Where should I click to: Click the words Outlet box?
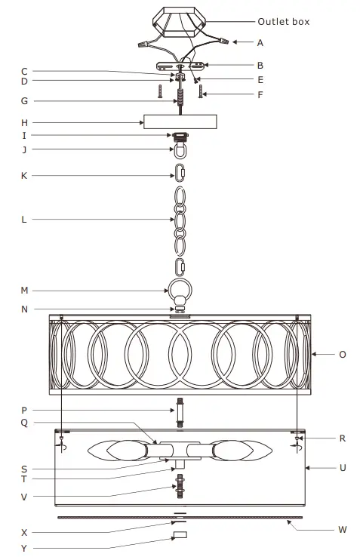[x=283, y=22]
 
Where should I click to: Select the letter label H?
[x=24, y=122]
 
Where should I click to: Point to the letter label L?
[x=24, y=220]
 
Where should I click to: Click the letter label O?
[x=343, y=353]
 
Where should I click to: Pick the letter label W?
[x=343, y=530]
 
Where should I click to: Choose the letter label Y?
[x=24, y=548]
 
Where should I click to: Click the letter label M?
[x=24, y=290]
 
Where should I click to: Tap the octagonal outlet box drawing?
[x=180, y=20]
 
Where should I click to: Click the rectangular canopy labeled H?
[x=180, y=122]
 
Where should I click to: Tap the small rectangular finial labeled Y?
[x=180, y=536]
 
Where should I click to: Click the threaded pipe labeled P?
[x=180, y=412]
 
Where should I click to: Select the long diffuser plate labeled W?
[x=180, y=517]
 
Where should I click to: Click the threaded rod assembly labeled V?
[x=180, y=485]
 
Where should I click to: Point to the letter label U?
[x=343, y=468]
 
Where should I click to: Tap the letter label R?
[x=343, y=438]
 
